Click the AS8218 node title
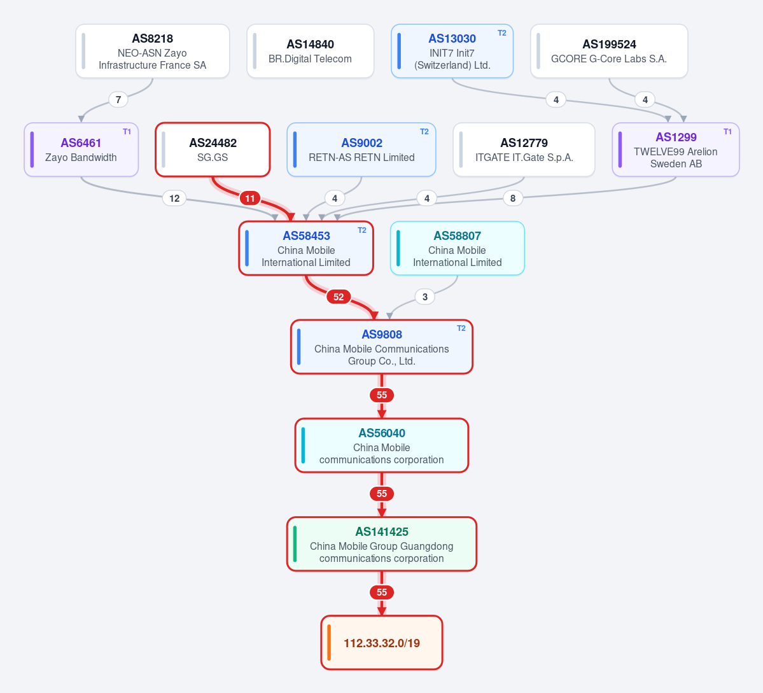[x=152, y=38]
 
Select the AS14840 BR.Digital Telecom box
[x=311, y=51]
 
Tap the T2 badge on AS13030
[x=501, y=33]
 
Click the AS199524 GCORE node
[x=609, y=51]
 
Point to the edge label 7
[x=118, y=100]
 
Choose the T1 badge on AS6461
[x=127, y=131]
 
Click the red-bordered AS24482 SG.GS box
[x=213, y=150]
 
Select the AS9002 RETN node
[x=361, y=150]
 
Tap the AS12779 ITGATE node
[x=524, y=150]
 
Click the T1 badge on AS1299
[x=727, y=131]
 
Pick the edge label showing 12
[x=174, y=198]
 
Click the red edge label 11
[x=250, y=198]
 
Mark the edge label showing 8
[x=513, y=198]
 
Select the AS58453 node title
[x=307, y=235]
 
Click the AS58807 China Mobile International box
[x=458, y=248]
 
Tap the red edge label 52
[x=339, y=297]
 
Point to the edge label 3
[x=425, y=297]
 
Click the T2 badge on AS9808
[x=461, y=328]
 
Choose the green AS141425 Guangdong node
[x=382, y=544]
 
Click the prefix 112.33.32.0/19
[x=382, y=643]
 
